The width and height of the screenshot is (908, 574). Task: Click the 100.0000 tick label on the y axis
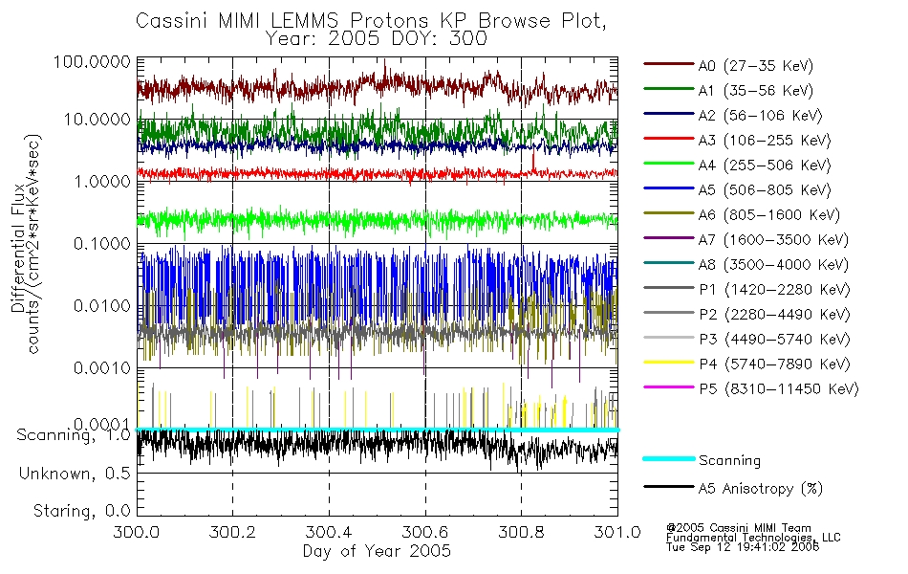[92, 61]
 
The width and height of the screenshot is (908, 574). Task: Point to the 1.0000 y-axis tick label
[102, 182]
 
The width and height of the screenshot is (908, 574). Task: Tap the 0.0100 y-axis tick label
[102, 305]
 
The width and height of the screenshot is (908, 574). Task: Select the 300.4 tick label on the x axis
[329, 532]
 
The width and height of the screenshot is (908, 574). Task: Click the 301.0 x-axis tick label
[617, 532]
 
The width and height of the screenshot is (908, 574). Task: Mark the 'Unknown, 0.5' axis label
[75, 474]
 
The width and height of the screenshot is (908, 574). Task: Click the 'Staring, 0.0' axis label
[81, 511]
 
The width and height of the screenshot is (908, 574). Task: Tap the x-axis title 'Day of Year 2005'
[377, 551]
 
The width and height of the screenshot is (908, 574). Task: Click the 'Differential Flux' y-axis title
[18, 248]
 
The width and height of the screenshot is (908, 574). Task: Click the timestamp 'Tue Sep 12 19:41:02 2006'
[743, 547]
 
